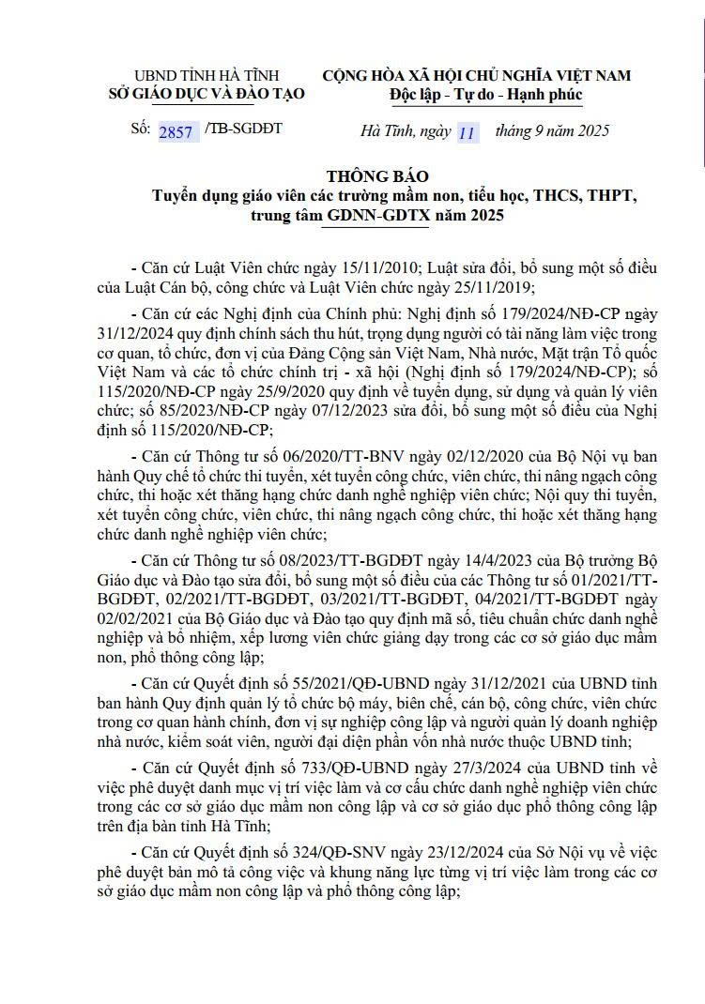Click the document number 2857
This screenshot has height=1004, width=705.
click(176, 131)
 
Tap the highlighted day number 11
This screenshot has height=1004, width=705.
click(467, 131)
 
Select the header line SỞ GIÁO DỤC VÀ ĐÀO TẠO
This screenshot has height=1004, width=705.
click(194, 93)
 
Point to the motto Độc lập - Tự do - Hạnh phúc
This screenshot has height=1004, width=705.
click(485, 94)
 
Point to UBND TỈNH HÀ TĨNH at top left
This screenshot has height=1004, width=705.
click(194, 75)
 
